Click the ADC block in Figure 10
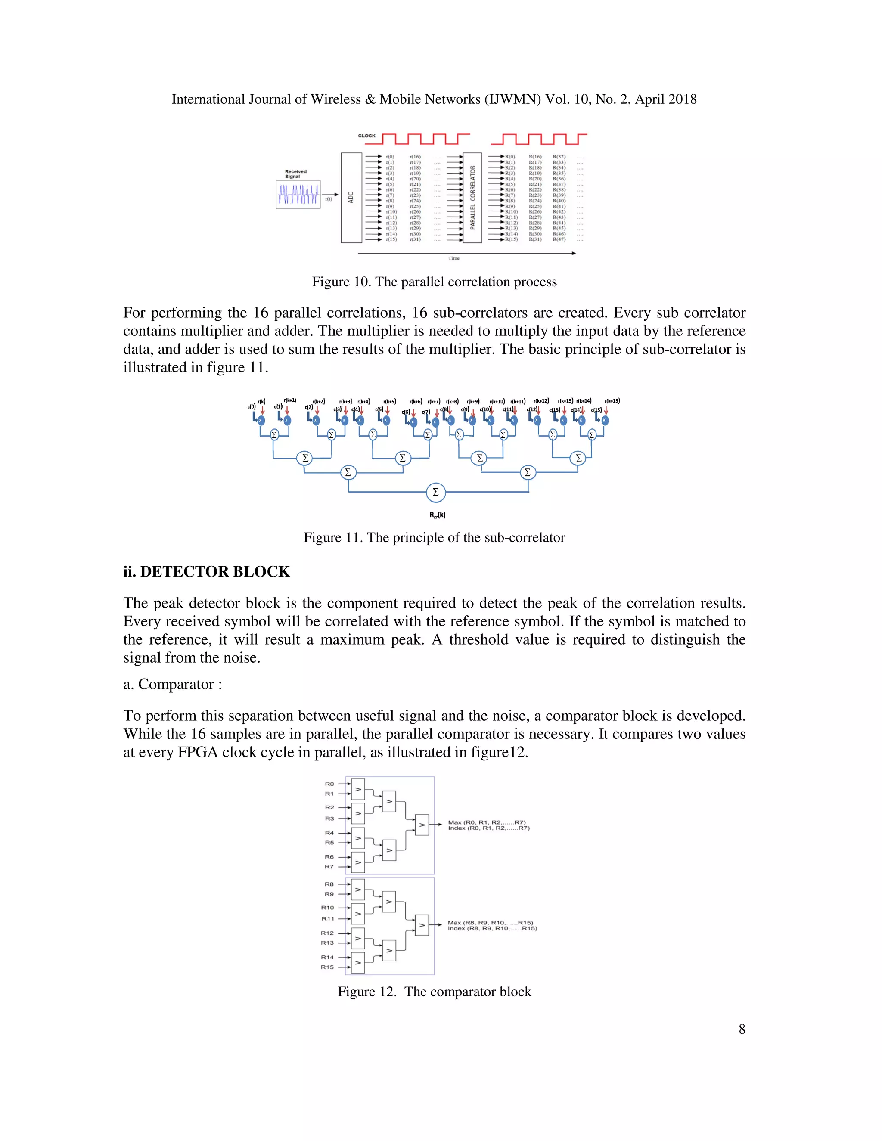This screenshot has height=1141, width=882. coord(351,198)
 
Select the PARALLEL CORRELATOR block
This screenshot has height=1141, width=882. coord(472,198)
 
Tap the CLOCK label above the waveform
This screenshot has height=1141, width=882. coord(366,136)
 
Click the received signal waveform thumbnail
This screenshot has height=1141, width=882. coord(298,194)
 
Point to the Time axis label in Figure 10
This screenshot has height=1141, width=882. coord(453,258)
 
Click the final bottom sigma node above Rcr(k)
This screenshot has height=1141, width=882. coord(435,492)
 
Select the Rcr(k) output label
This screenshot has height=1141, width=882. coord(438,515)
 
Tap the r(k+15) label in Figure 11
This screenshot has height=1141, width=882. coord(612,401)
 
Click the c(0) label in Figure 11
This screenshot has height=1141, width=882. coord(252,406)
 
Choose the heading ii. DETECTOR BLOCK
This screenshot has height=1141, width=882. coord(206,571)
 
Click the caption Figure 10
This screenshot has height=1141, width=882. coord(434,282)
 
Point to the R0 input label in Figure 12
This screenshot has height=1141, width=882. coord(329,784)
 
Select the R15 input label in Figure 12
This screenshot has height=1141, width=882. coord(327,967)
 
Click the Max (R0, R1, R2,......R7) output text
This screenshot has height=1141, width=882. coord(487,822)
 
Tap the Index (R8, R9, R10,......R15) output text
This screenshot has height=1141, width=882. coord(492,928)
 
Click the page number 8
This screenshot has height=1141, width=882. coord(742,1029)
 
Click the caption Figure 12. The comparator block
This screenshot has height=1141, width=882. coord(434,992)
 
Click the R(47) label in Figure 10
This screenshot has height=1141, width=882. coord(559,239)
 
